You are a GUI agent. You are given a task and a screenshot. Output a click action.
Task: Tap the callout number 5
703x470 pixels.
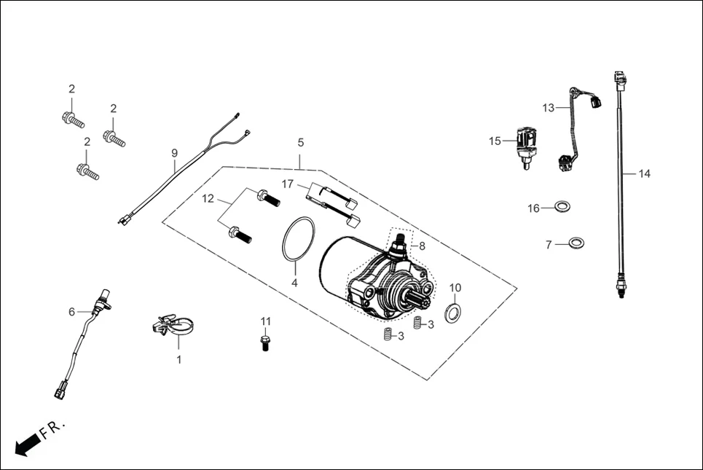click(300, 143)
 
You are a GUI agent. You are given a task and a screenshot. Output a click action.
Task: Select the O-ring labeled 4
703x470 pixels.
click(298, 238)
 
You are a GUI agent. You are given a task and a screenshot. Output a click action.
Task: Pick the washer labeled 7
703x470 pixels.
click(576, 243)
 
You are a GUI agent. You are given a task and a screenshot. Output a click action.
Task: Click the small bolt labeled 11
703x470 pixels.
click(266, 342)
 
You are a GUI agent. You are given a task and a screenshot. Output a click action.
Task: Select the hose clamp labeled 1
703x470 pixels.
click(175, 325)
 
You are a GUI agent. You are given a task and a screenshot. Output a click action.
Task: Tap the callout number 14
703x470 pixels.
click(644, 174)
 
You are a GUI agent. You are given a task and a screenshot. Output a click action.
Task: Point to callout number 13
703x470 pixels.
click(548, 108)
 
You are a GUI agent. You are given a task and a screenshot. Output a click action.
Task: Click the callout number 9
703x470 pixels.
click(174, 153)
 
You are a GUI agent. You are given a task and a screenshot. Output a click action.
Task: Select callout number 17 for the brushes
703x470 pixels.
click(288, 184)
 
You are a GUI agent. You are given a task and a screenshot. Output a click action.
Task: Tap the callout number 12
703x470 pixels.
click(208, 199)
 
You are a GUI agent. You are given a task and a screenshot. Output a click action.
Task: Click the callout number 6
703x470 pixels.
click(71, 312)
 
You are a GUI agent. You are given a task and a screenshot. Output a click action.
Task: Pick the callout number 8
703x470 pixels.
click(421, 246)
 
